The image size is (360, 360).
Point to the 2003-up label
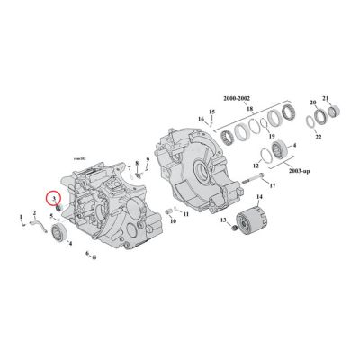296,169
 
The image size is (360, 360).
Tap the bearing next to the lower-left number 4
61,234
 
